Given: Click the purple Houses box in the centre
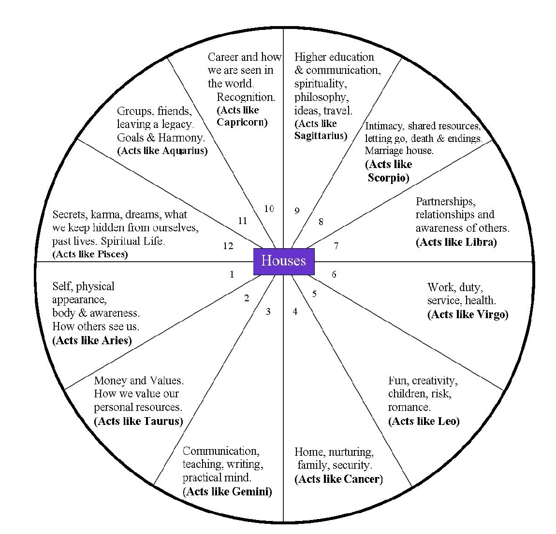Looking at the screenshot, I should (x=284, y=261).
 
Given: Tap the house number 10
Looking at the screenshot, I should (x=269, y=209).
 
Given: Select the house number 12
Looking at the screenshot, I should (x=228, y=246).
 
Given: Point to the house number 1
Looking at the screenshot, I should (x=232, y=275).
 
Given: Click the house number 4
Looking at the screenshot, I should (x=295, y=311).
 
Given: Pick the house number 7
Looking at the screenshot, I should (x=336, y=246).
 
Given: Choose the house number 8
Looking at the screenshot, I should (x=321, y=222).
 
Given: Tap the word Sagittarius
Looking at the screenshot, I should (x=320, y=136).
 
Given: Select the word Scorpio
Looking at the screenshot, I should (x=388, y=178).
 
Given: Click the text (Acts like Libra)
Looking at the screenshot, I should (x=456, y=242).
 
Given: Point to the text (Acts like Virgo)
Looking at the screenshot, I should (x=468, y=314).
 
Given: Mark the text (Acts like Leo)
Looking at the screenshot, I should (x=424, y=421).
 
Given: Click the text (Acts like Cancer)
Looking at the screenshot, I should (x=338, y=479).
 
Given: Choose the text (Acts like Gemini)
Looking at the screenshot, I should (x=227, y=492).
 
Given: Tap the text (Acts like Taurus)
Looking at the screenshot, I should (x=138, y=421).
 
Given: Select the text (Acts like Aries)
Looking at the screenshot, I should (x=92, y=340).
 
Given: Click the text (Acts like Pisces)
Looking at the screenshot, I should (x=90, y=254).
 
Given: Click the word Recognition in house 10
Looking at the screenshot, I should (x=246, y=97).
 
